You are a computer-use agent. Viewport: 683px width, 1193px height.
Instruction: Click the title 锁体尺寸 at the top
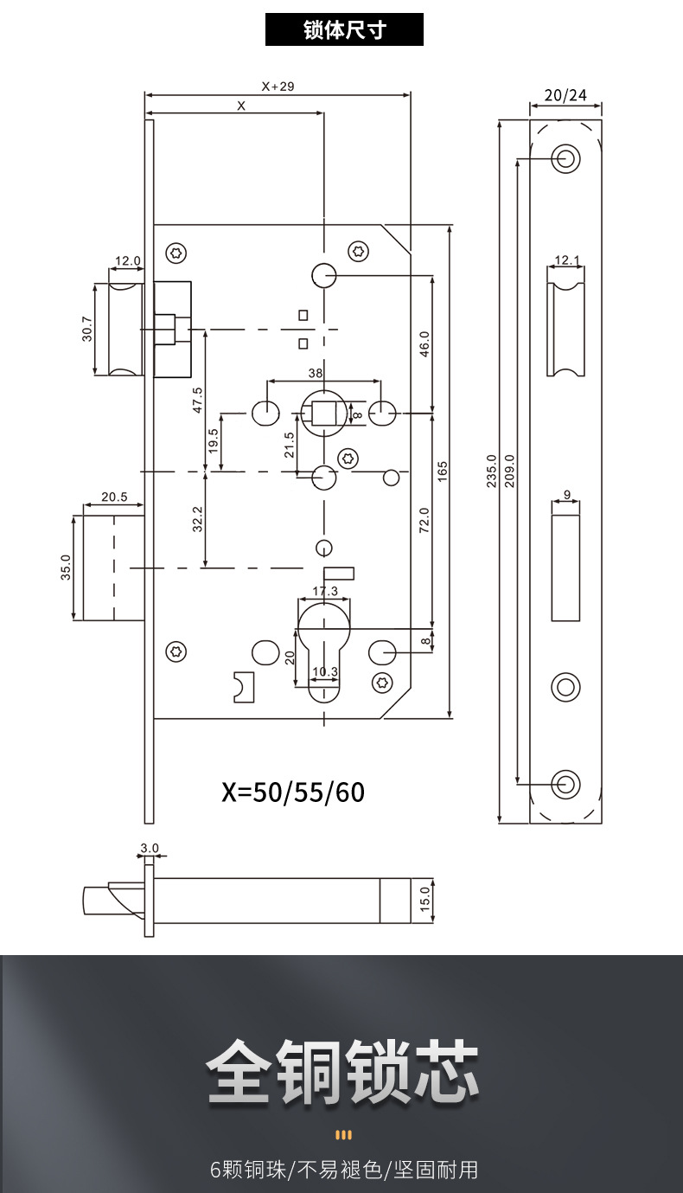pos(344,29)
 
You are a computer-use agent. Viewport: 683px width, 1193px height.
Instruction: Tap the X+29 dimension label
pos(278,87)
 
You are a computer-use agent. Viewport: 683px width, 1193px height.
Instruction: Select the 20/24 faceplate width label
pos(565,95)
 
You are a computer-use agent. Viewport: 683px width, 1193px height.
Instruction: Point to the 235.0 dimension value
pos(491,471)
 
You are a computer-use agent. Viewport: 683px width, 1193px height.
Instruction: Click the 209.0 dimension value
pos(509,471)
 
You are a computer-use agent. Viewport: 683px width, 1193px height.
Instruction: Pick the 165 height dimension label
pos(443,471)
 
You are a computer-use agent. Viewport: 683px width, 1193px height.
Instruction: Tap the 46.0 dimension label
pos(424,344)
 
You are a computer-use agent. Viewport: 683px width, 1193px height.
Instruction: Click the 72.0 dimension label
pos(424,520)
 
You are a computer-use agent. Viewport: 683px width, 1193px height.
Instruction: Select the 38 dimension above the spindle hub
pos(316,373)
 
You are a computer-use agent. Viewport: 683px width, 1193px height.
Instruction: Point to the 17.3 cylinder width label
pos(325,591)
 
